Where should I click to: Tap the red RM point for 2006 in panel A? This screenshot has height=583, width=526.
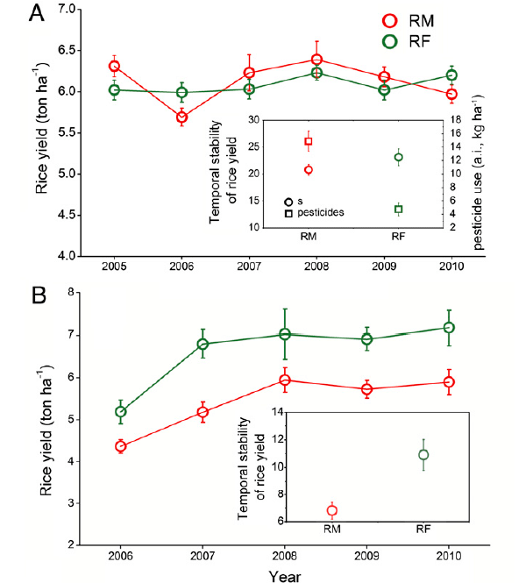181,117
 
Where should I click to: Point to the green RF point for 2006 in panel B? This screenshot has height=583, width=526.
121,411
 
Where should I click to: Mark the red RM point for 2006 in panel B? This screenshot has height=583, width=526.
121,446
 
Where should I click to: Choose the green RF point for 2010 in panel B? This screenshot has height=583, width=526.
449,327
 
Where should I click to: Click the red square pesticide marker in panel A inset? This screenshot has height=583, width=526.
309,141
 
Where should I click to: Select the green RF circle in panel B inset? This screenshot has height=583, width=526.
423,454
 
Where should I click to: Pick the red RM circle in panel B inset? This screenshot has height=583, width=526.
332,510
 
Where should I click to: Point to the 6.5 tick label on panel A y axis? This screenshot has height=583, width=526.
60,50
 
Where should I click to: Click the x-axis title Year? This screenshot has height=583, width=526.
285,577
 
